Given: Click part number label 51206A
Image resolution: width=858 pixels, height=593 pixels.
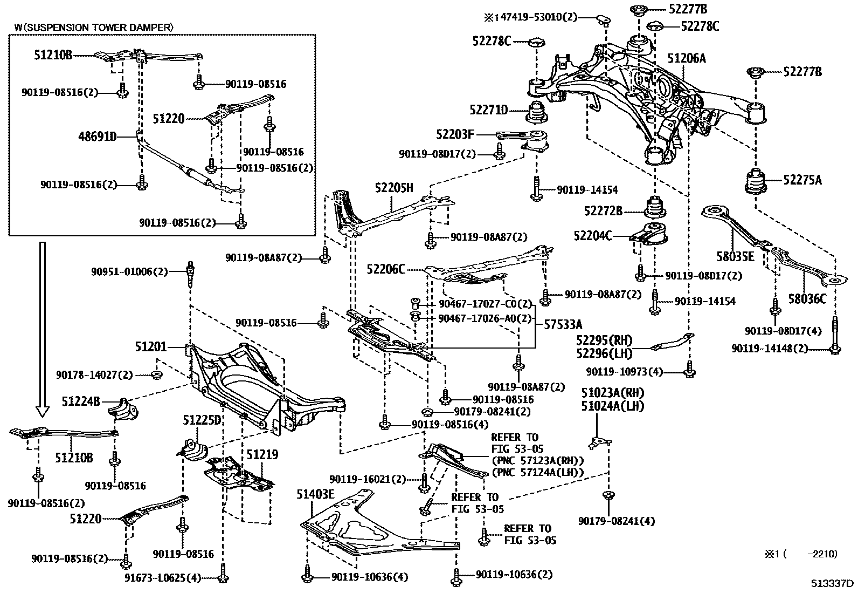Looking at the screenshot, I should pyautogui.click(x=686, y=58).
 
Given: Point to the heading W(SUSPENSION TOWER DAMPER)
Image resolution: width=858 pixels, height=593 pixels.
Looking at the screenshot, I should pyautogui.click(x=94, y=26).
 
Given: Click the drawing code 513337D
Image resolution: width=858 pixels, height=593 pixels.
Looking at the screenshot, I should pyautogui.click(x=833, y=583).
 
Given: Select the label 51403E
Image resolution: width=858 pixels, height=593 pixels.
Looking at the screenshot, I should pyautogui.click(x=315, y=494).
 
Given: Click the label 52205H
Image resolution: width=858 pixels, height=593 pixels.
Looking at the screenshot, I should pyautogui.click(x=394, y=188).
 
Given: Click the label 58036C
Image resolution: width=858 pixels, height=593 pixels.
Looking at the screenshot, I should pyautogui.click(x=807, y=298).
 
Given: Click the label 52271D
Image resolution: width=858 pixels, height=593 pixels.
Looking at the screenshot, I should pyautogui.click(x=488, y=110).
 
